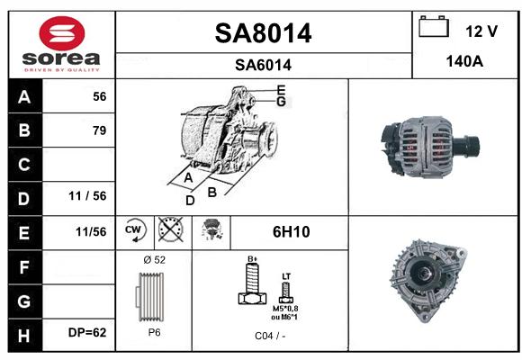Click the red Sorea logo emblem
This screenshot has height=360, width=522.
(62, 33)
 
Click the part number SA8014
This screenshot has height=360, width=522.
(263, 33)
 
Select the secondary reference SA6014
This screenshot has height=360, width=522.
(263, 65)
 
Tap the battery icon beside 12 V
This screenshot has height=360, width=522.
(434, 27)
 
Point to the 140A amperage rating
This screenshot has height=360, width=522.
(464, 61)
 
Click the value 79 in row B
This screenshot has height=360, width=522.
(100, 130)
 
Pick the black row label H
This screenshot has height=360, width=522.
(25, 336)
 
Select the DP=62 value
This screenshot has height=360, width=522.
(87, 332)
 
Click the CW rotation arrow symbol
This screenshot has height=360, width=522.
(134, 229)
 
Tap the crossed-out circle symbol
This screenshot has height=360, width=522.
(170, 229)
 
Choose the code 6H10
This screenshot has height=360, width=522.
(291, 232)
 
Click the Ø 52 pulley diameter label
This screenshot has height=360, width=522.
(154, 260)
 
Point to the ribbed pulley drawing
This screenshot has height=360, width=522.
(150, 297)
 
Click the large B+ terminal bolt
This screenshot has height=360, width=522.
(253, 283)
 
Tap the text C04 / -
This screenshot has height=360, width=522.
(270, 336)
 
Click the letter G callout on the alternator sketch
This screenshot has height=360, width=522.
(282, 102)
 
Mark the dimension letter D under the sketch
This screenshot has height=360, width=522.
(190, 201)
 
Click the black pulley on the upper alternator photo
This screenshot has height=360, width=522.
(465, 148)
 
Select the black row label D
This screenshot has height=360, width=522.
(25, 199)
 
